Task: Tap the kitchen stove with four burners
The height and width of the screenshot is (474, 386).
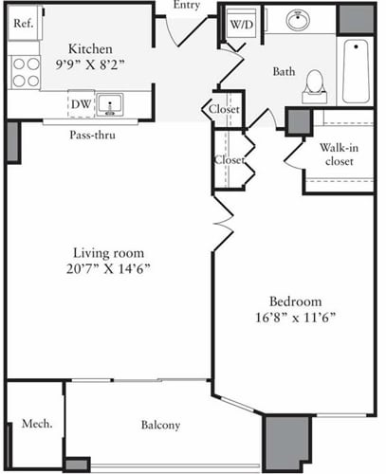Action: (26, 69)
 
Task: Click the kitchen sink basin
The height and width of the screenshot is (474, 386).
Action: (111, 103)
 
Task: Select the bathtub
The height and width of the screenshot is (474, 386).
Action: (357, 72)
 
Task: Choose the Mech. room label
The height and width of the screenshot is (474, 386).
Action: (35, 423)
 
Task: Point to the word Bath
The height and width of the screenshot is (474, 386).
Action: (284, 71)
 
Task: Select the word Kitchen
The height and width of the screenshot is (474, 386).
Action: (92, 49)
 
